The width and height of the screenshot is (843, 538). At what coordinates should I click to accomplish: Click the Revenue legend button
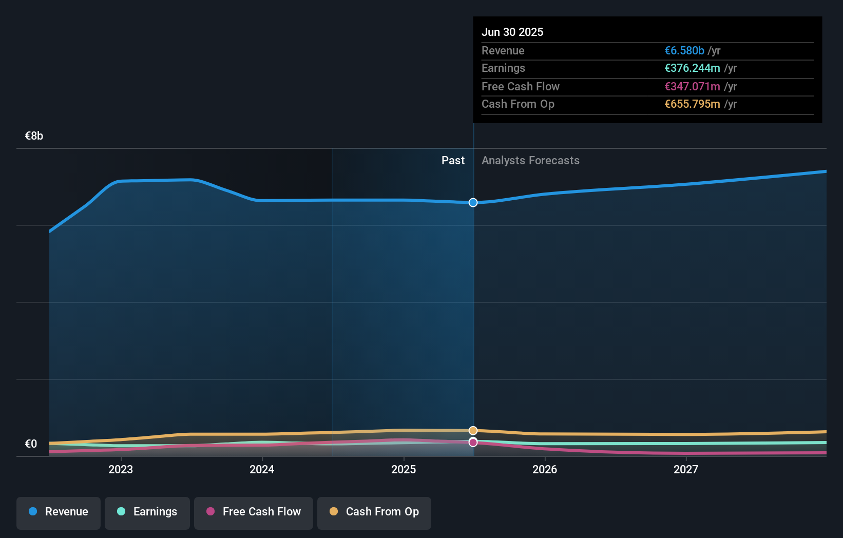click(59, 512)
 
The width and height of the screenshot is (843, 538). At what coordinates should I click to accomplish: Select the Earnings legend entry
click(147, 512)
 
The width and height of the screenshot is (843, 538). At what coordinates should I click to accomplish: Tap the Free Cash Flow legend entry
click(254, 512)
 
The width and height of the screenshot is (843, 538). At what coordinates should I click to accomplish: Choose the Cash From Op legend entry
click(374, 512)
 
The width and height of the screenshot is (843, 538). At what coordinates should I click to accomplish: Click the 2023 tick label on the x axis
click(121, 469)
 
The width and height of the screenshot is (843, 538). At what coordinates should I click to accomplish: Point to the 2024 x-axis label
click(262, 469)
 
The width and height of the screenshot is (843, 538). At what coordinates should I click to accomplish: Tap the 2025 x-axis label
click(404, 469)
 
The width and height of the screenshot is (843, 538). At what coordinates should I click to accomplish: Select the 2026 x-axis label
click(545, 469)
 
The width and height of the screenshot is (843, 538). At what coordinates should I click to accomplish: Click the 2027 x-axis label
click(686, 469)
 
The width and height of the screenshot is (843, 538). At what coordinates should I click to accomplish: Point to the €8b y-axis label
click(34, 136)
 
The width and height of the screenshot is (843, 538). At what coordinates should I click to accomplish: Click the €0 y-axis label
click(31, 444)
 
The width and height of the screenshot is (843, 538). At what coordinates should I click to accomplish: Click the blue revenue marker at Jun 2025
click(473, 203)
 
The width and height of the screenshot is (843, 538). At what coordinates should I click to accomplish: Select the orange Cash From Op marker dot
click(473, 431)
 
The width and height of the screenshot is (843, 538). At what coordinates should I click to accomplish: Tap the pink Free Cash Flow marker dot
click(473, 443)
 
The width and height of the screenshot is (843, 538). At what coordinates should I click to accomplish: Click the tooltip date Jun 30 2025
click(512, 32)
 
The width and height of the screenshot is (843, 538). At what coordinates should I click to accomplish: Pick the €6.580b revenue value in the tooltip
click(684, 50)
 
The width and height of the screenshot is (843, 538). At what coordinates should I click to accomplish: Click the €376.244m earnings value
click(692, 68)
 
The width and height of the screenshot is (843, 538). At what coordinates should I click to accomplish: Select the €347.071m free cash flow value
click(692, 86)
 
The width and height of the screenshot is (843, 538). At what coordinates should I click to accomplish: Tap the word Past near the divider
click(453, 161)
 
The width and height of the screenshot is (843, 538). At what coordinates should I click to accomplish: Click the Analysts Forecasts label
click(530, 161)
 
